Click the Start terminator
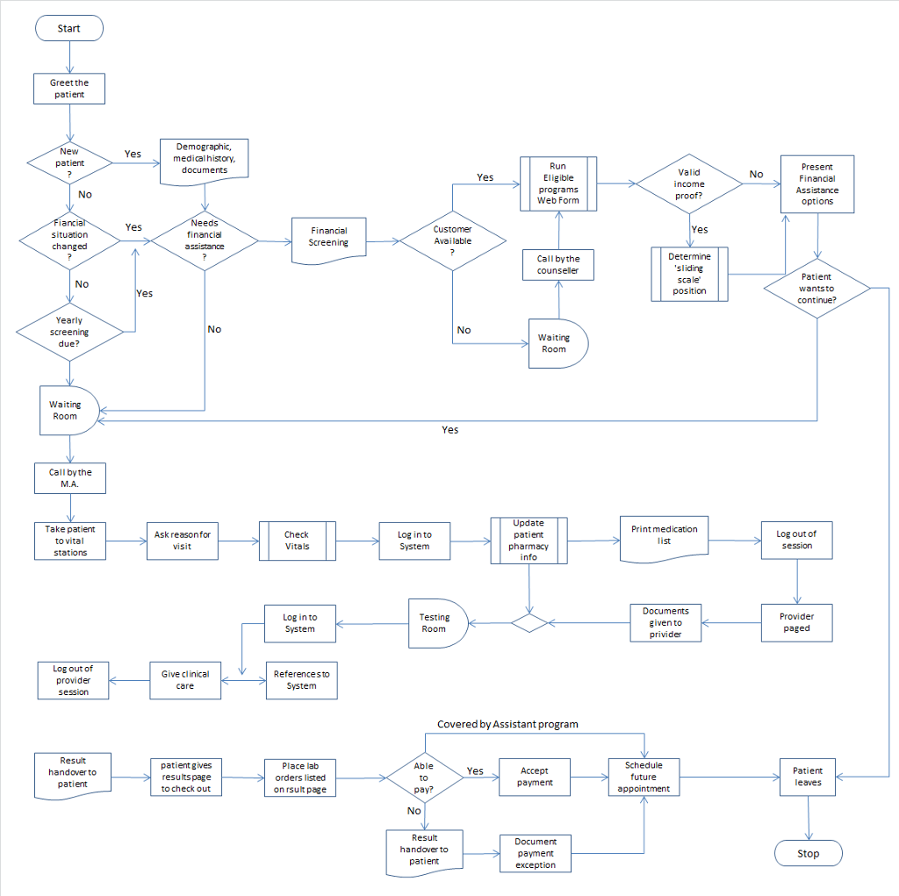tap(68, 28)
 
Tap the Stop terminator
tap(808, 853)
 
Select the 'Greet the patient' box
tap(69, 89)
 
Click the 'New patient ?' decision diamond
tap(69, 162)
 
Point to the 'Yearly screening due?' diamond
tap(69, 333)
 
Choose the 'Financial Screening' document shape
tap(328, 238)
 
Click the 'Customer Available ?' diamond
tap(452, 240)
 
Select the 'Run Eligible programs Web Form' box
tap(557, 183)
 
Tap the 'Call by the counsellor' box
tap(558, 265)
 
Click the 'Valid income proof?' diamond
tap(688, 184)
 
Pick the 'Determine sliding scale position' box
tap(689, 274)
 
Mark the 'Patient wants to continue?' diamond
tap(816, 288)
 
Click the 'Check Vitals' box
tap(297, 541)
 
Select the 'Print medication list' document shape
tap(664, 537)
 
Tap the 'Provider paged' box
tap(796, 622)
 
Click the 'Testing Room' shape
tap(437, 623)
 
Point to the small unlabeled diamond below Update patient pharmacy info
tap(529, 623)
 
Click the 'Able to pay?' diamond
tap(424, 778)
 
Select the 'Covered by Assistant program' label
tap(507, 724)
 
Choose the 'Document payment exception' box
tap(536, 852)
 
